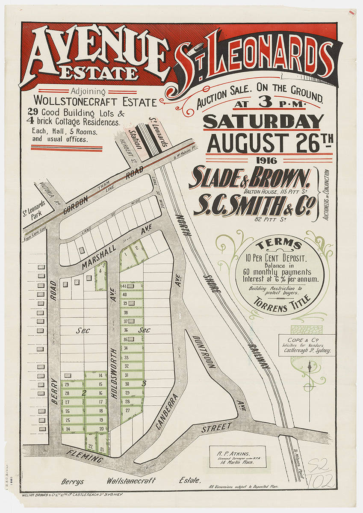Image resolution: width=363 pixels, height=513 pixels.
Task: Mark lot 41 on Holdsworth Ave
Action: [124, 286]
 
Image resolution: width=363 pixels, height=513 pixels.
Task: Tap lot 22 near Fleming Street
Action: [90, 447]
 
